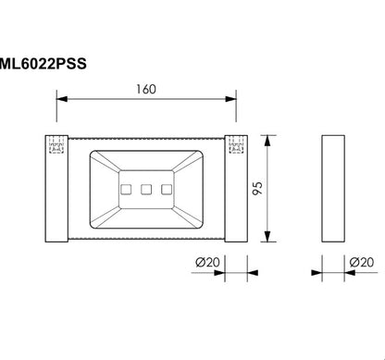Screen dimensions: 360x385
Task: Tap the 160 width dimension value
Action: (146, 91)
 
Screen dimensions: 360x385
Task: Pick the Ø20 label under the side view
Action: (361, 264)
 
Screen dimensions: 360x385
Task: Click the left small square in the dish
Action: (125, 190)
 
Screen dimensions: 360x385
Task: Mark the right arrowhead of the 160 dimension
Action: (230, 99)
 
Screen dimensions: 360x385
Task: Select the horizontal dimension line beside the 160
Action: (102, 99)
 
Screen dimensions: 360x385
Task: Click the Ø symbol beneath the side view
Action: (354, 264)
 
